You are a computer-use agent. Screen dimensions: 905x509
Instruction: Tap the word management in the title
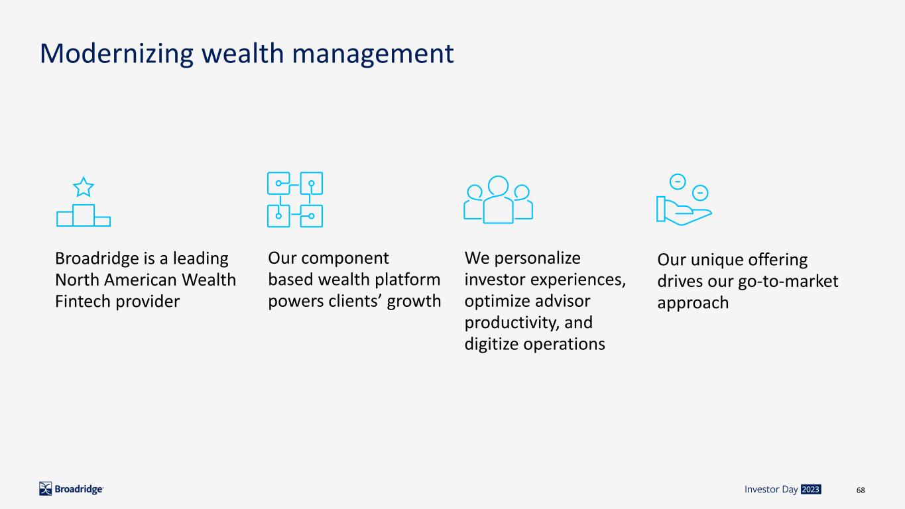click(x=373, y=54)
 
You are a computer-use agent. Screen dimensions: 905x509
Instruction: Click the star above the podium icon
click(x=84, y=187)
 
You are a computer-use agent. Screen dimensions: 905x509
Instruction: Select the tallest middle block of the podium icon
click(x=84, y=215)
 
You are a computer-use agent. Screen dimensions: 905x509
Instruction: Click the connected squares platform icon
click(x=295, y=199)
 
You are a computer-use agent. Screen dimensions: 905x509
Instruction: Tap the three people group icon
click(x=498, y=199)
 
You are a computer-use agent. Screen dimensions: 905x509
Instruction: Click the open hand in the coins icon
click(x=684, y=211)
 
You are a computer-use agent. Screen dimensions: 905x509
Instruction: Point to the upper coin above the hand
click(x=678, y=182)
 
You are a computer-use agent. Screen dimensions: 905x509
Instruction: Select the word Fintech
click(x=83, y=302)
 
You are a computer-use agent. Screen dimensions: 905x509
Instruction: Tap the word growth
click(x=414, y=302)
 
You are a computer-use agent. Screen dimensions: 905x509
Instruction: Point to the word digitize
click(x=491, y=345)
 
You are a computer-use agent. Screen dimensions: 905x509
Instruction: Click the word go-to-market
click(x=788, y=282)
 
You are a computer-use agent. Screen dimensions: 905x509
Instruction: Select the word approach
click(x=693, y=304)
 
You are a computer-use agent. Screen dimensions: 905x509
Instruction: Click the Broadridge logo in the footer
click(x=71, y=489)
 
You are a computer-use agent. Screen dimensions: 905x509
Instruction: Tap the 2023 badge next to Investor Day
click(x=810, y=489)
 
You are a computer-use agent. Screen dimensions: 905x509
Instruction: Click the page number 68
click(x=861, y=490)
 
